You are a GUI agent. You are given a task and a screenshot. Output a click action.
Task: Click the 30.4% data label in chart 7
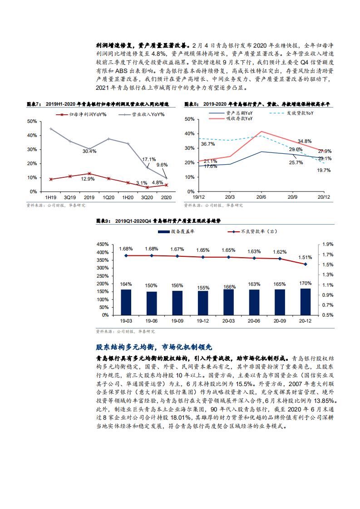89,151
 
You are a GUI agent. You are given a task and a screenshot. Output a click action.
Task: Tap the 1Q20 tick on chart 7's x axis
108,197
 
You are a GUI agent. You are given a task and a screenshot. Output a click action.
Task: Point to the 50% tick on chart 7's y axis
32,122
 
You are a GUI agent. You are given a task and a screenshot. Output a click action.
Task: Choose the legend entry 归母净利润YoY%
89,115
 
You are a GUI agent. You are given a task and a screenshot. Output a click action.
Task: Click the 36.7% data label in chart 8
207,144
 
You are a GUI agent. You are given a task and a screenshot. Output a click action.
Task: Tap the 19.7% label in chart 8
324,170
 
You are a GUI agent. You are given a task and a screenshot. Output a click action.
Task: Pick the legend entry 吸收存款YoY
239,118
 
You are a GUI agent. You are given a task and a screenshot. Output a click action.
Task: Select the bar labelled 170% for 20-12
306,301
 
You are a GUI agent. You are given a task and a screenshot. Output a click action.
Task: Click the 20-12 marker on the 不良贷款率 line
306,264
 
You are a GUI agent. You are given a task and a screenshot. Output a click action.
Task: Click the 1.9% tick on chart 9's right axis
328,245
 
